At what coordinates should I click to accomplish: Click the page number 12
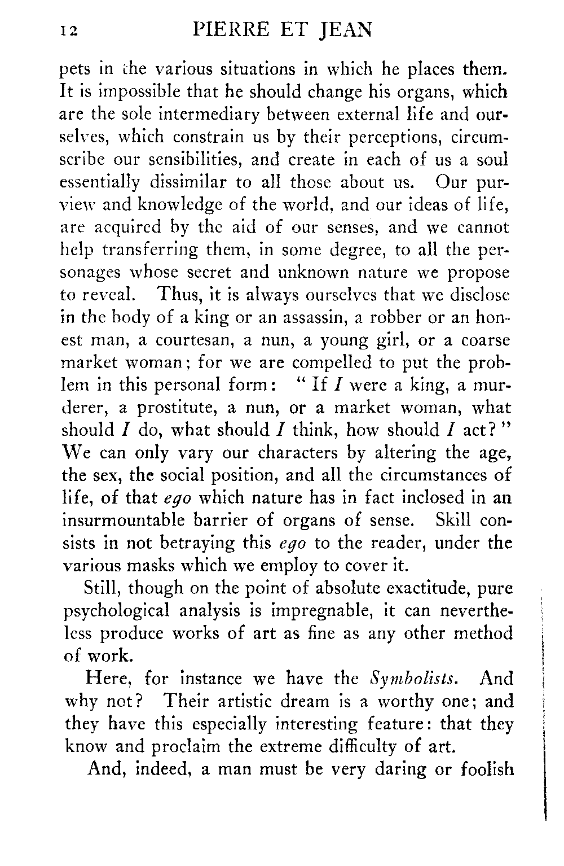71,31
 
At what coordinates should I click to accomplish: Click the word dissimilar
193,182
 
